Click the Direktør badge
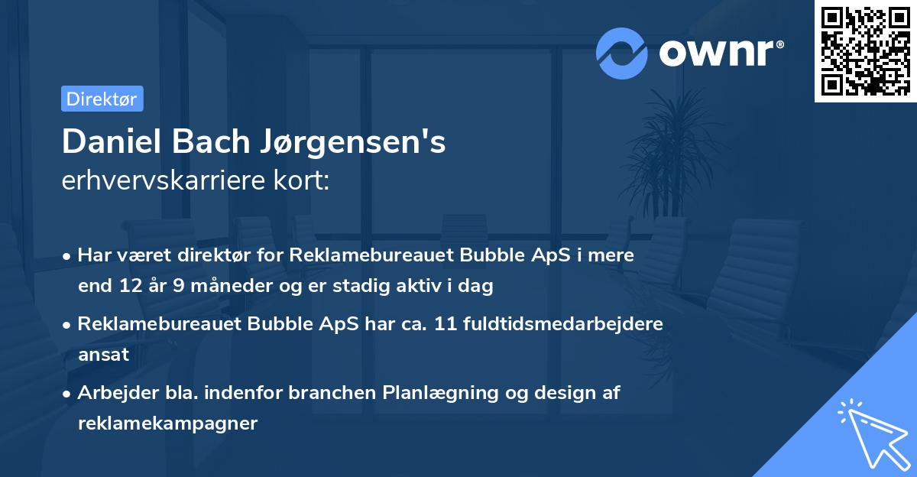[102, 99]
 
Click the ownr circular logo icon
[622, 53]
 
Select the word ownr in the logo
[714, 53]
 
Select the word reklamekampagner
[167, 423]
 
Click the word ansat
[103, 355]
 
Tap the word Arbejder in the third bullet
[112, 393]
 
